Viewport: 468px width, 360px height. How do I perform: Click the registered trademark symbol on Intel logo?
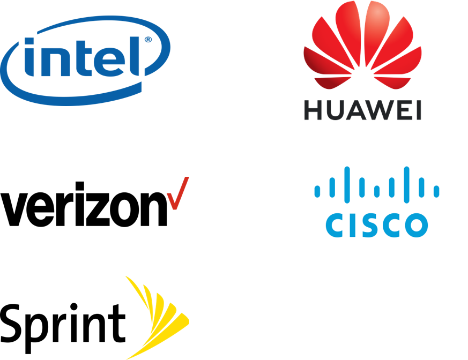[x=148, y=40]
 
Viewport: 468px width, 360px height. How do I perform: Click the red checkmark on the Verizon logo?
[x=178, y=193]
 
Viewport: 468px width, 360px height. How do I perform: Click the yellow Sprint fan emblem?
[x=157, y=317]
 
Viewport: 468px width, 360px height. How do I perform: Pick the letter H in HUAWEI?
[x=313, y=110]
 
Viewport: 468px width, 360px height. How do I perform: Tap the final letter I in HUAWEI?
[x=419, y=110]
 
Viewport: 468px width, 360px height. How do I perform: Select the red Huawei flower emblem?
[x=362, y=45]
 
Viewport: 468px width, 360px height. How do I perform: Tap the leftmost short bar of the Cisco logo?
[x=317, y=191]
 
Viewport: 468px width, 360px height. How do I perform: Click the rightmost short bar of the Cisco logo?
[x=436, y=191]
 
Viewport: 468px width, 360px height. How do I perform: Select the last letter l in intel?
[x=135, y=56]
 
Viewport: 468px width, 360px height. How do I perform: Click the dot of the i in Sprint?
[x=73, y=307]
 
